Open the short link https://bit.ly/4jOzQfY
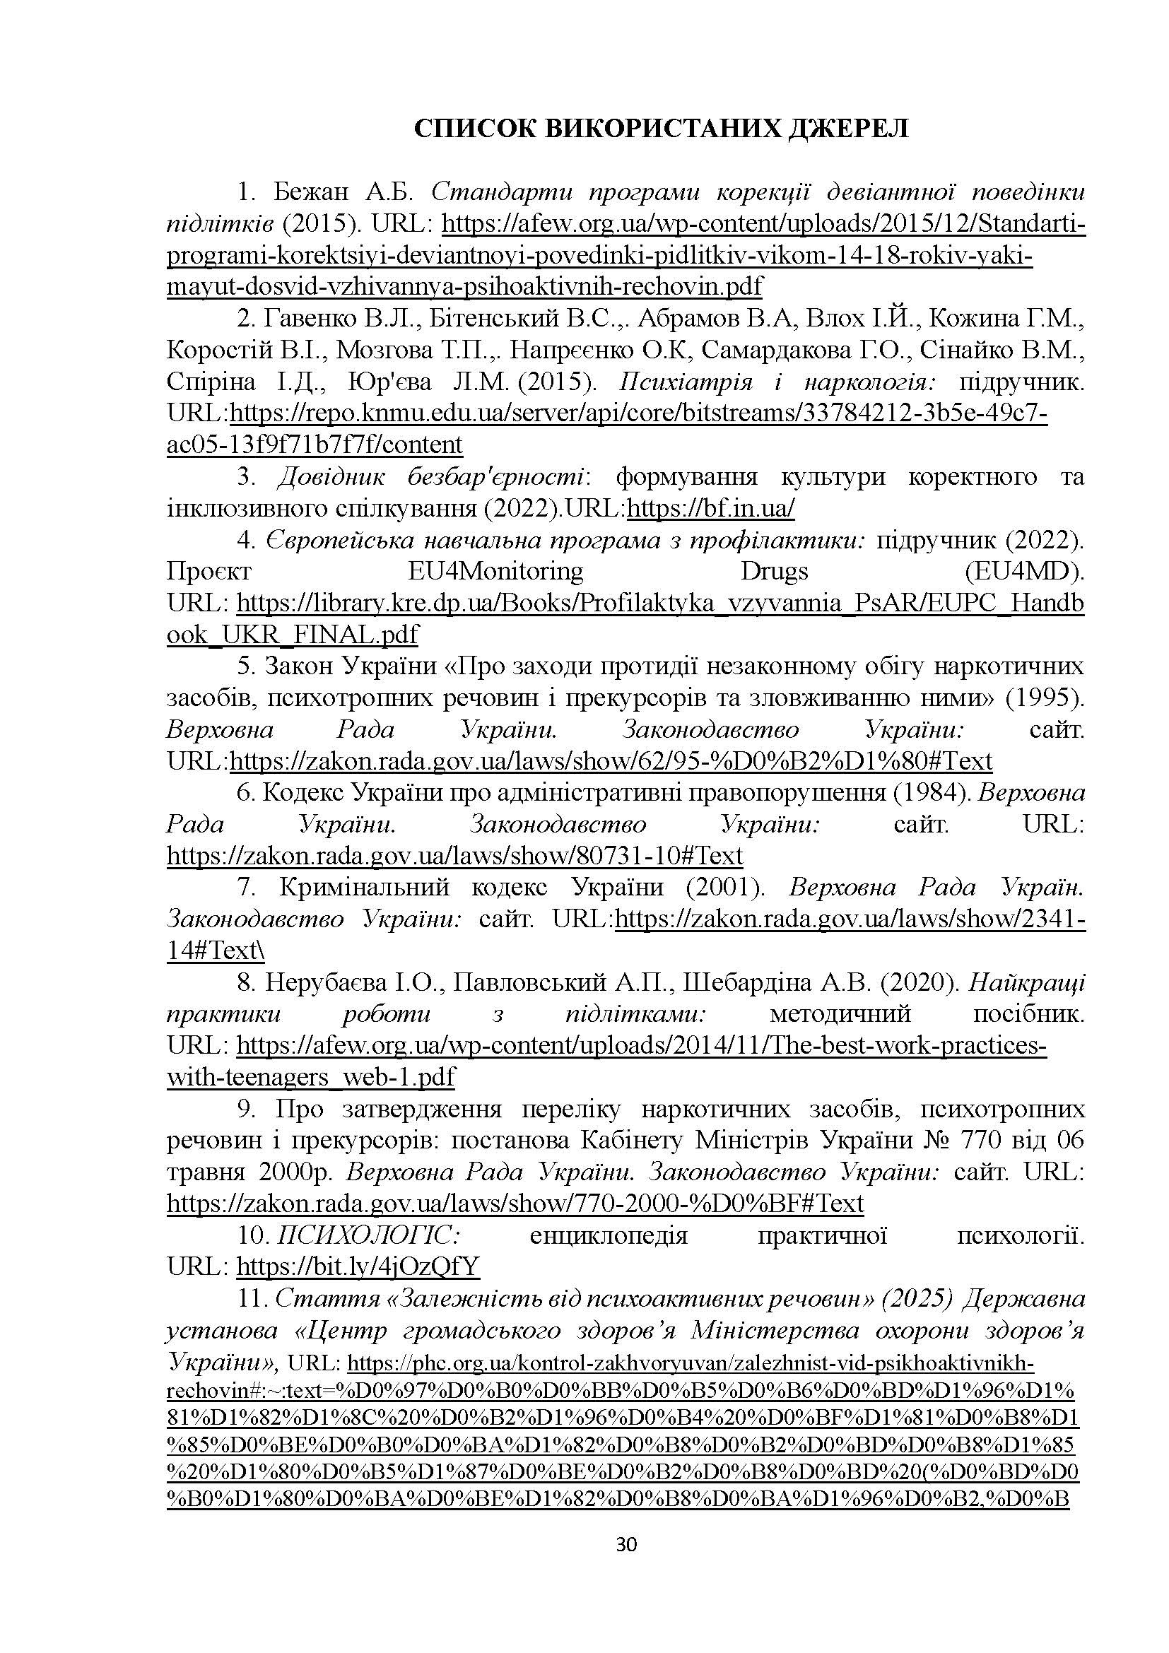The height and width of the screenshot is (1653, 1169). (x=358, y=1266)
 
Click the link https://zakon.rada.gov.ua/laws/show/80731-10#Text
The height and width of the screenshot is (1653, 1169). (x=454, y=856)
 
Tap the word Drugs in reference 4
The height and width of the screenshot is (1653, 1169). (x=774, y=572)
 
